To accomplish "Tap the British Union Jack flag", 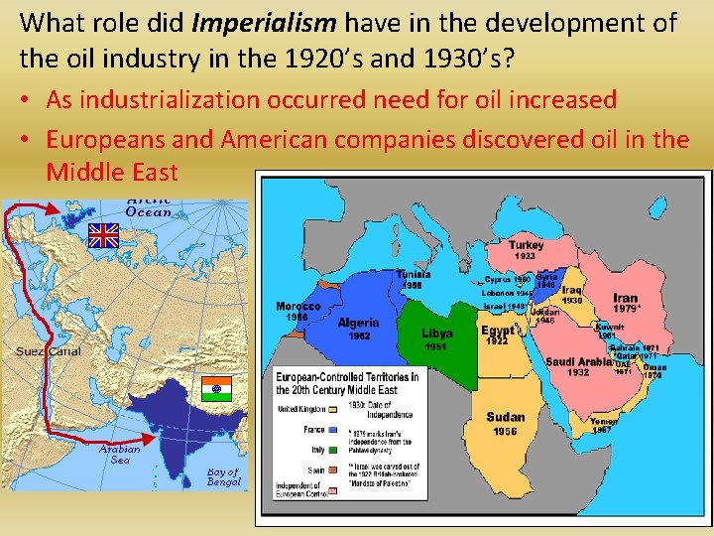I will click(x=103, y=235).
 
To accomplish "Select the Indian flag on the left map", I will click(x=215, y=387).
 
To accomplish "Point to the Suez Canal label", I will click(x=49, y=351).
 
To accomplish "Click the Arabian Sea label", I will click(x=120, y=455).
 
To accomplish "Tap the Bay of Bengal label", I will click(x=223, y=477).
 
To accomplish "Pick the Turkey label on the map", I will click(x=526, y=245).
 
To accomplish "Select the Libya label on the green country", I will click(x=437, y=334).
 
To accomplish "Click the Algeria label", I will click(x=358, y=323).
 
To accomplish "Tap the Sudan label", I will click(x=505, y=417).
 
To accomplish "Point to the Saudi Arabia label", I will click(x=579, y=361).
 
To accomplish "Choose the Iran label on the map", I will click(x=626, y=298).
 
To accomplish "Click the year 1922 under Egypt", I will click(x=497, y=341).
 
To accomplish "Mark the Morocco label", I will click(x=298, y=306).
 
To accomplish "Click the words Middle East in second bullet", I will click(x=111, y=172).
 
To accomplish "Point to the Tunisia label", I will click(x=413, y=274).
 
